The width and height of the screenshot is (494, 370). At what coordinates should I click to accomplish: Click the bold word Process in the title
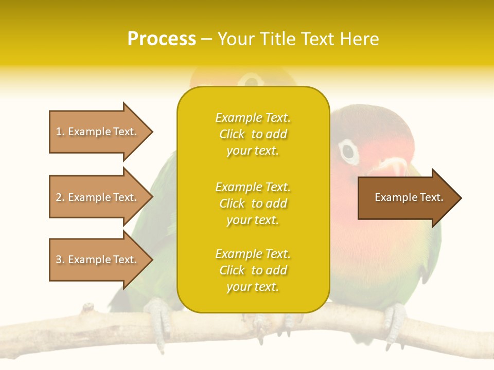[x=162, y=39]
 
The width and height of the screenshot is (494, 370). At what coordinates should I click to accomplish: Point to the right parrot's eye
[x=348, y=151]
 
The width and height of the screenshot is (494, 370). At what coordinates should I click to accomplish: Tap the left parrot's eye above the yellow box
[x=252, y=81]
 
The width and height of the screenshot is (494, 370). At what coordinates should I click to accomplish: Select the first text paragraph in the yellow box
[x=253, y=134]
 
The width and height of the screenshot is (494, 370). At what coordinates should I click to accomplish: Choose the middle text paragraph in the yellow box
[x=253, y=203]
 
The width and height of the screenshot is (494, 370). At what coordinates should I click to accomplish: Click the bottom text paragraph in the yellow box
[x=253, y=270]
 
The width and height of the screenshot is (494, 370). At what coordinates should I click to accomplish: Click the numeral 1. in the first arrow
[x=60, y=132]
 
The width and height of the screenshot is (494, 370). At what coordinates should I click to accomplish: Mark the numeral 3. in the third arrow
[x=60, y=260]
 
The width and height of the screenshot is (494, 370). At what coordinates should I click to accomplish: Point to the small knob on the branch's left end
[x=89, y=307]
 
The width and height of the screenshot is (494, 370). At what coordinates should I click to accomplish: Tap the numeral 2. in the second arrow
[x=60, y=197]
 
